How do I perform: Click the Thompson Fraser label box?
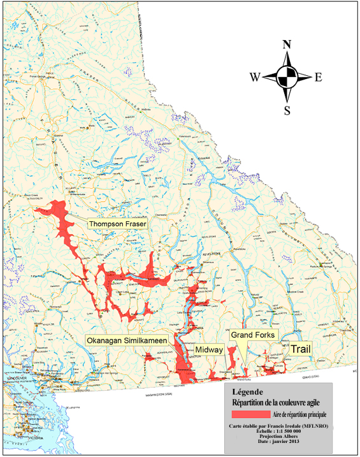(x=118, y=224)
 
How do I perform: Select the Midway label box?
(x=209, y=350)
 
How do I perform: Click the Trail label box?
(x=302, y=349)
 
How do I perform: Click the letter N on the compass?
(x=287, y=45)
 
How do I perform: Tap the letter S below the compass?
(x=287, y=110)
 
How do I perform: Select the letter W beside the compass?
(x=254, y=78)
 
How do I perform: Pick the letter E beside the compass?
(x=318, y=78)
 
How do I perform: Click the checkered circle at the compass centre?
(x=287, y=77)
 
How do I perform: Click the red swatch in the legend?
(x=249, y=414)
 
